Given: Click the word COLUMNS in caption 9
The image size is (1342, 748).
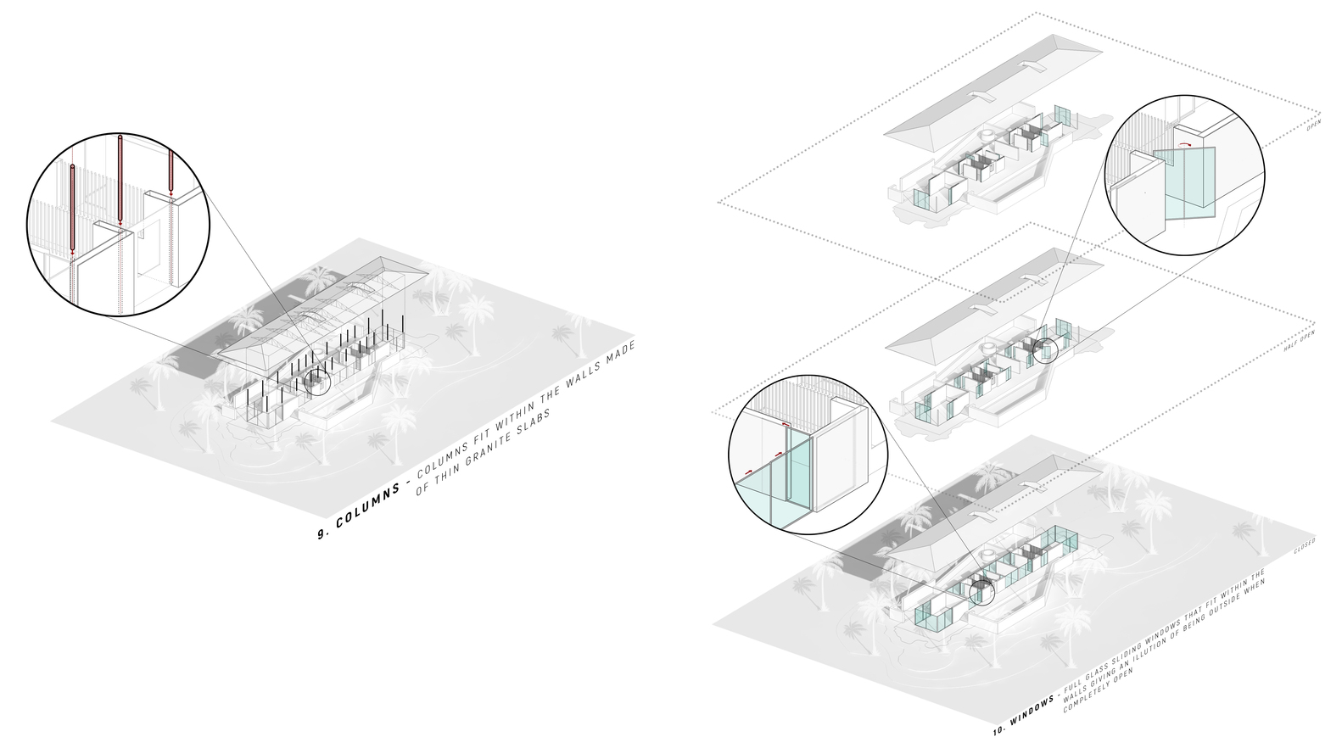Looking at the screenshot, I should pos(363,507).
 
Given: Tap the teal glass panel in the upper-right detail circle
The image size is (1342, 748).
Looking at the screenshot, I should pos(1188,182).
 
